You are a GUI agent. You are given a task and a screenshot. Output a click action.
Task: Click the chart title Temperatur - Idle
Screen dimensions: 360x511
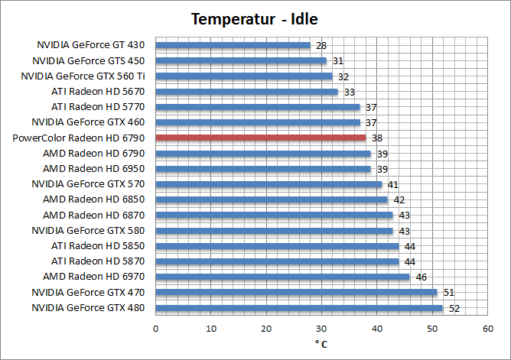point(255,19)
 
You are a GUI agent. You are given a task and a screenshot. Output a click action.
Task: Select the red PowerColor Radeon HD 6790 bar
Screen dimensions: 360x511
point(260,138)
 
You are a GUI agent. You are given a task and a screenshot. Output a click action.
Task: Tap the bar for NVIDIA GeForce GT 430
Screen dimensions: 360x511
point(233,45)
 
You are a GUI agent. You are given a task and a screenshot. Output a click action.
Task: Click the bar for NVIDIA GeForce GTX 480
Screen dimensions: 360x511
point(299,308)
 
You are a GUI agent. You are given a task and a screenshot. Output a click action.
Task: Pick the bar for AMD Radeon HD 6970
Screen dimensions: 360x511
point(282,277)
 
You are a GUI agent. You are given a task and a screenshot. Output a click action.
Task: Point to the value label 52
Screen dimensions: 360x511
point(454,308)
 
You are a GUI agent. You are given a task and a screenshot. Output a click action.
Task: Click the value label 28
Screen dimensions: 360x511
point(321,45)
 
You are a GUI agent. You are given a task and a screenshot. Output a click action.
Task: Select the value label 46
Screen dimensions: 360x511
point(421,277)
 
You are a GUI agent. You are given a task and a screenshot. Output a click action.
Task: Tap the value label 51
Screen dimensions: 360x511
point(448,293)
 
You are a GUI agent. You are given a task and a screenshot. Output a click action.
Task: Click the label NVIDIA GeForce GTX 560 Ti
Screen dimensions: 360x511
point(83,76)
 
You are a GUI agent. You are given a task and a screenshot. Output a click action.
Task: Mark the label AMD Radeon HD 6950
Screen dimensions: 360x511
point(94,168)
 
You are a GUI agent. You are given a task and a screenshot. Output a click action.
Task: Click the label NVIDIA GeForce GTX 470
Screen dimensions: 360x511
point(89,293)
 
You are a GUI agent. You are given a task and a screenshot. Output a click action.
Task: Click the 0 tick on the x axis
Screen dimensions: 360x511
point(155,329)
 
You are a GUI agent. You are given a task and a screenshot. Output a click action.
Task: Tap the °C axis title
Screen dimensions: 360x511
point(321,344)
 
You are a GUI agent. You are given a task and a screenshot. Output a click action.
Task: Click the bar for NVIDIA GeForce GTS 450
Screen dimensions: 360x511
point(241,60)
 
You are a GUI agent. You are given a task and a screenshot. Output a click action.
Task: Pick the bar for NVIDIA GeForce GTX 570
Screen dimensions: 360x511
point(269,184)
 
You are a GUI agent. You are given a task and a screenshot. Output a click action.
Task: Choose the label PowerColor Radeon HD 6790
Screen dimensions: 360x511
point(79,138)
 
